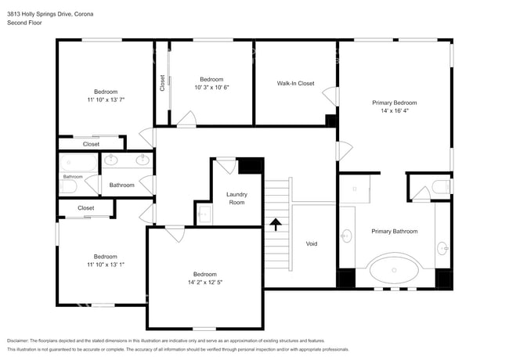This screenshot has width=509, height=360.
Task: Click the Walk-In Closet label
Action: click(x=295, y=84)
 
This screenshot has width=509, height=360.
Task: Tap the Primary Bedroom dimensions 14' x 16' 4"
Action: click(x=395, y=110)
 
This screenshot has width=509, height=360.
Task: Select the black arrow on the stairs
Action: click(x=276, y=224)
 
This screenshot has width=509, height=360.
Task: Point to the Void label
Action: click(x=312, y=243)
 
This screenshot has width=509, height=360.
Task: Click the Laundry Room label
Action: click(x=236, y=198)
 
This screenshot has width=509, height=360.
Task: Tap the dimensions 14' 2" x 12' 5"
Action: click(x=205, y=283)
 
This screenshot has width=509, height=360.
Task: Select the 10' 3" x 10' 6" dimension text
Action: click(x=211, y=87)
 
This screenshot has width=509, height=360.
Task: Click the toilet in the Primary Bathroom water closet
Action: click(x=441, y=186)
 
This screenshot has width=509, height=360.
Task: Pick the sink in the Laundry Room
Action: click(x=204, y=214)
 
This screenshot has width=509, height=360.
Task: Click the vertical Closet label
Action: click(x=162, y=83)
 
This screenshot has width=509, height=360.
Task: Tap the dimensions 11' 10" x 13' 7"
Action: click(x=106, y=99)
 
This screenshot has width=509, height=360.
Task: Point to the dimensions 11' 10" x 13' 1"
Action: click(x=106, y=265)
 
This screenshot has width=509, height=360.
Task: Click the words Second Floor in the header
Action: click(x=24, y=23)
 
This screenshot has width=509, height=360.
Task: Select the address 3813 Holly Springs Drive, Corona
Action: click(x=50, y=14)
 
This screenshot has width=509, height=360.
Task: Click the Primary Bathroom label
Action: click(x=395, y=231)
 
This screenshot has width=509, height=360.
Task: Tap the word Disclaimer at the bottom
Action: click(x=18, y=340)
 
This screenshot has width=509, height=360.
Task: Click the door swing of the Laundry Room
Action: click(x=226, y=166)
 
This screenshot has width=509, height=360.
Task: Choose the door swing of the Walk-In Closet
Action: click(x=330, y=96)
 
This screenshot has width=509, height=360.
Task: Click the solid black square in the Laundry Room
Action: click(x=250, y=166)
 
